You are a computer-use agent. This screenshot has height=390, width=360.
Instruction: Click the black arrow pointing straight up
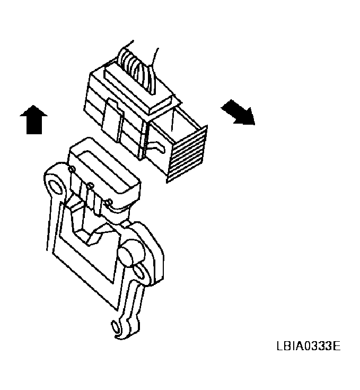33,119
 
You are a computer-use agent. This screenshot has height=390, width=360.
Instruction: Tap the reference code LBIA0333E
308,347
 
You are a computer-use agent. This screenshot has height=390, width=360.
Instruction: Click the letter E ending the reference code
336,347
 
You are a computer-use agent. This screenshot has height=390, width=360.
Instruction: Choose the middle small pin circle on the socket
90,186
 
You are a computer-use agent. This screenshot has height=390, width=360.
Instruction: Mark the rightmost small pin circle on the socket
109,202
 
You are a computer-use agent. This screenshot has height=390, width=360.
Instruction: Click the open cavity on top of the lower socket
103,164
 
